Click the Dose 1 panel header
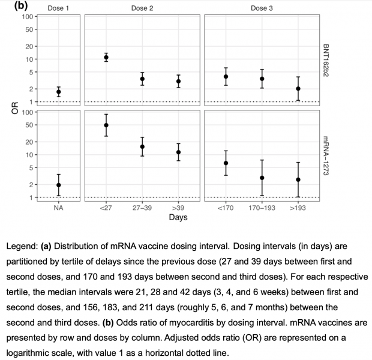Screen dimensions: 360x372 click(58, 8)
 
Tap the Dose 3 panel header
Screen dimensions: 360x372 click(262, 8)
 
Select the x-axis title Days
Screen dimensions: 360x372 click(178, 217)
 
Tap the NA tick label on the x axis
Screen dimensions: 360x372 click(58, 208)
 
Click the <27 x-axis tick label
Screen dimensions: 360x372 click(106, 208)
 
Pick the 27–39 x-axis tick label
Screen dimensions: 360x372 click(142, 208)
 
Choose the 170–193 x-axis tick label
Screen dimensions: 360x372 click(262, 208)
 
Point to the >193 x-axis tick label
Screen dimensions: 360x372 click(298, 208)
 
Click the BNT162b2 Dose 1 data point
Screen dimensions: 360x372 click(58, 92)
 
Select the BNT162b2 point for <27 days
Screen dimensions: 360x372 click(106, 58)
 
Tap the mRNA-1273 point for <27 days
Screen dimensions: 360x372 click(106, 125)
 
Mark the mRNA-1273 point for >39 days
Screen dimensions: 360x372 click(178, 152)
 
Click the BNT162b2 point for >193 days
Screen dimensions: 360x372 click(298, 89)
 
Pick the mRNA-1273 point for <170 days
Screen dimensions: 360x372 click(226, 163)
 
